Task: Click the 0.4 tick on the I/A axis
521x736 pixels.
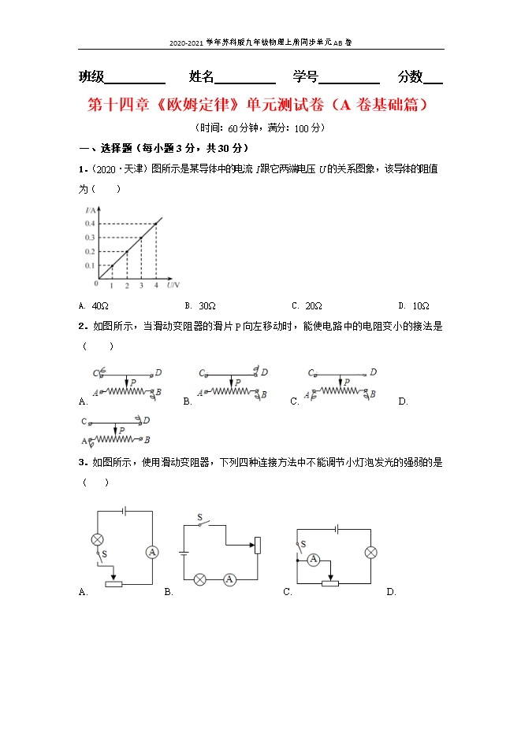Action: (90, 224)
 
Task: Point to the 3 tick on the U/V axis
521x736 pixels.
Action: (141, 285)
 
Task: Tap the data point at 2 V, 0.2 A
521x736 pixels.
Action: (126, 252)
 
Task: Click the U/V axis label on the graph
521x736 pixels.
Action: (173, 284)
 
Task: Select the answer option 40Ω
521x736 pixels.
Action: (99, 305)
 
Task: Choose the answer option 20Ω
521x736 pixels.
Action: (313, 305)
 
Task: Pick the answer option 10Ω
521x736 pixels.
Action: (420, 305)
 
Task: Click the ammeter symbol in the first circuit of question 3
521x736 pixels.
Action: (152, 552)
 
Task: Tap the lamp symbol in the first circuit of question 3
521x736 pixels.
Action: (98, 539)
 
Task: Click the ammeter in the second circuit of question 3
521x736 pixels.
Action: (229, 579)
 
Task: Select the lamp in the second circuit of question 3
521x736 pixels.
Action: (200, 579)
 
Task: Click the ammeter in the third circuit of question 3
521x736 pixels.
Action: (314, 560)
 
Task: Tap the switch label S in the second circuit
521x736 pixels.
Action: (199, 517)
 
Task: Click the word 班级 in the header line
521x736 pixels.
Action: (91, 77)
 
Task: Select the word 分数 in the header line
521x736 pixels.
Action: (411, 77)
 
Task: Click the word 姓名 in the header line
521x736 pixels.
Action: (202, 77)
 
